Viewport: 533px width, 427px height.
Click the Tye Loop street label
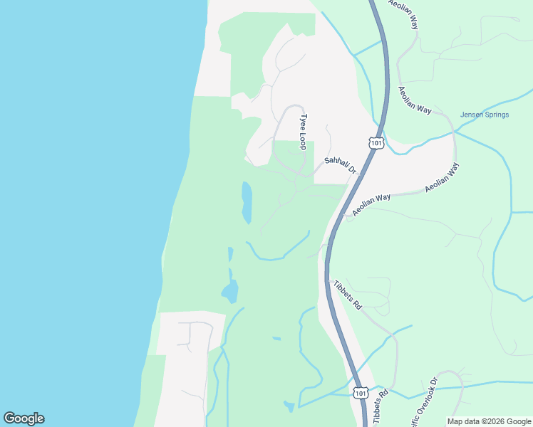pyautogui.click(x=304, y=132)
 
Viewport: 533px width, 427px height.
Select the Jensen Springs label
pyautogui.click(x=485, y=115)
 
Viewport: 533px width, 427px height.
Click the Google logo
pyautogui.click(x=24, y=418)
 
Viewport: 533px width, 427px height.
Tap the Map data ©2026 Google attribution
pyautogui.click(x=489, y=421)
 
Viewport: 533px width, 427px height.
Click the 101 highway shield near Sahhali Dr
pyautogui.click(x=377, y=144)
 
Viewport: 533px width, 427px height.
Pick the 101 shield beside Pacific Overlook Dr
pyautogui.click(x=361, y=392)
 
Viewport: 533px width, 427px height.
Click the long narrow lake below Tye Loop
pyautogui.click(x=247, y=202)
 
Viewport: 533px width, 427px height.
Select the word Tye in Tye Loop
pyautogui.click(x=304, y=120)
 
